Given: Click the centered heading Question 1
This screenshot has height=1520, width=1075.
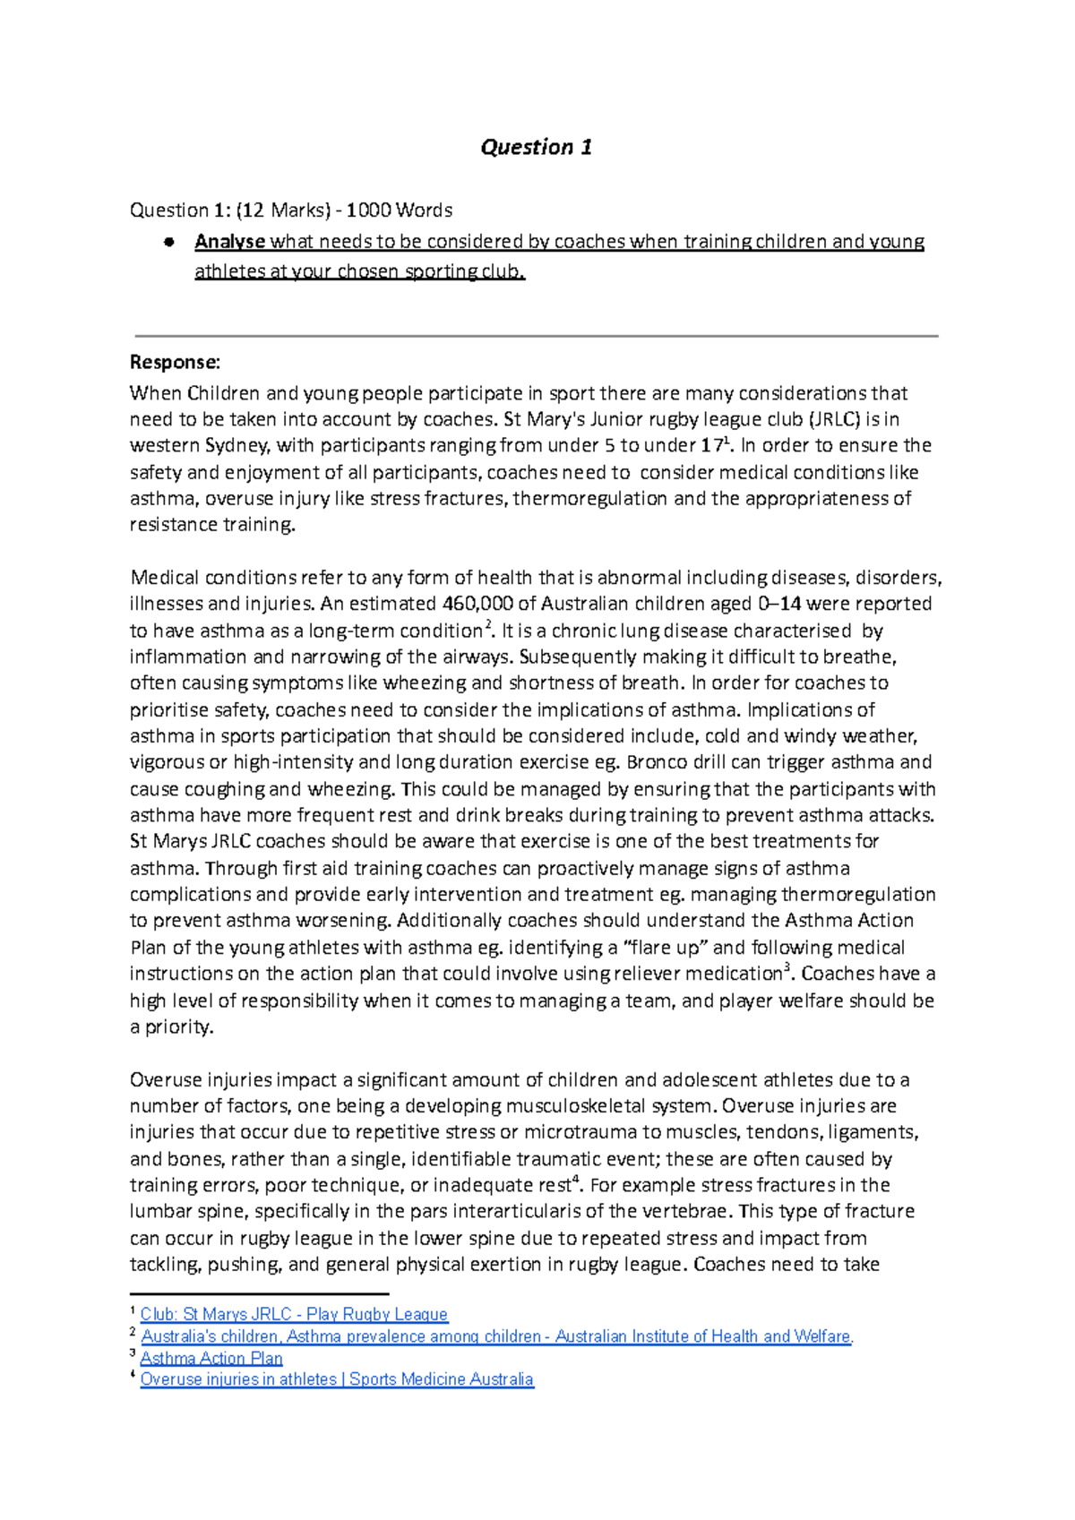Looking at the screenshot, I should pyautogui.click(x=536, y=147).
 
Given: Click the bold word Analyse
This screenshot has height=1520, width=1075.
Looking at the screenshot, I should pyautogui.click(x=230, y=242).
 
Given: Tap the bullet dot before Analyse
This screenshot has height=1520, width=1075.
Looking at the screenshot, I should pyautogui.click(x=168, y=243).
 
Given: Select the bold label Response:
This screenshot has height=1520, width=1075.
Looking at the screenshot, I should pyautogui.click(x=175, y=362).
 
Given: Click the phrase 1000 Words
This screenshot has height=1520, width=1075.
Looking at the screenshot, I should pyautogui.click(x=399, y=210).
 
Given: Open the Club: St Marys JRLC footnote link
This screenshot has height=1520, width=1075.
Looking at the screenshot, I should pyautogui.click(x=294, y=1314).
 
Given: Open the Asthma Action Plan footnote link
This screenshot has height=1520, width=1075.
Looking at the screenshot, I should pyautogui.click(x=211, y=1358).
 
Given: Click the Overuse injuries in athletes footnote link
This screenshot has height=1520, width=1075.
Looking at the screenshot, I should pyautogui.click(x=337, y=1379).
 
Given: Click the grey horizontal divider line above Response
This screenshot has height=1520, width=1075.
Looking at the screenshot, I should pyautogui.click(x=536, y=336).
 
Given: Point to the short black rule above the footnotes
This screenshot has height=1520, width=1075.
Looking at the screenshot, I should pyautogui.click(x=259, y=1294).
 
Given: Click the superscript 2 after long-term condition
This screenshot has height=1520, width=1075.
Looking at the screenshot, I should pyautogui.click(x=487, y=625).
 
